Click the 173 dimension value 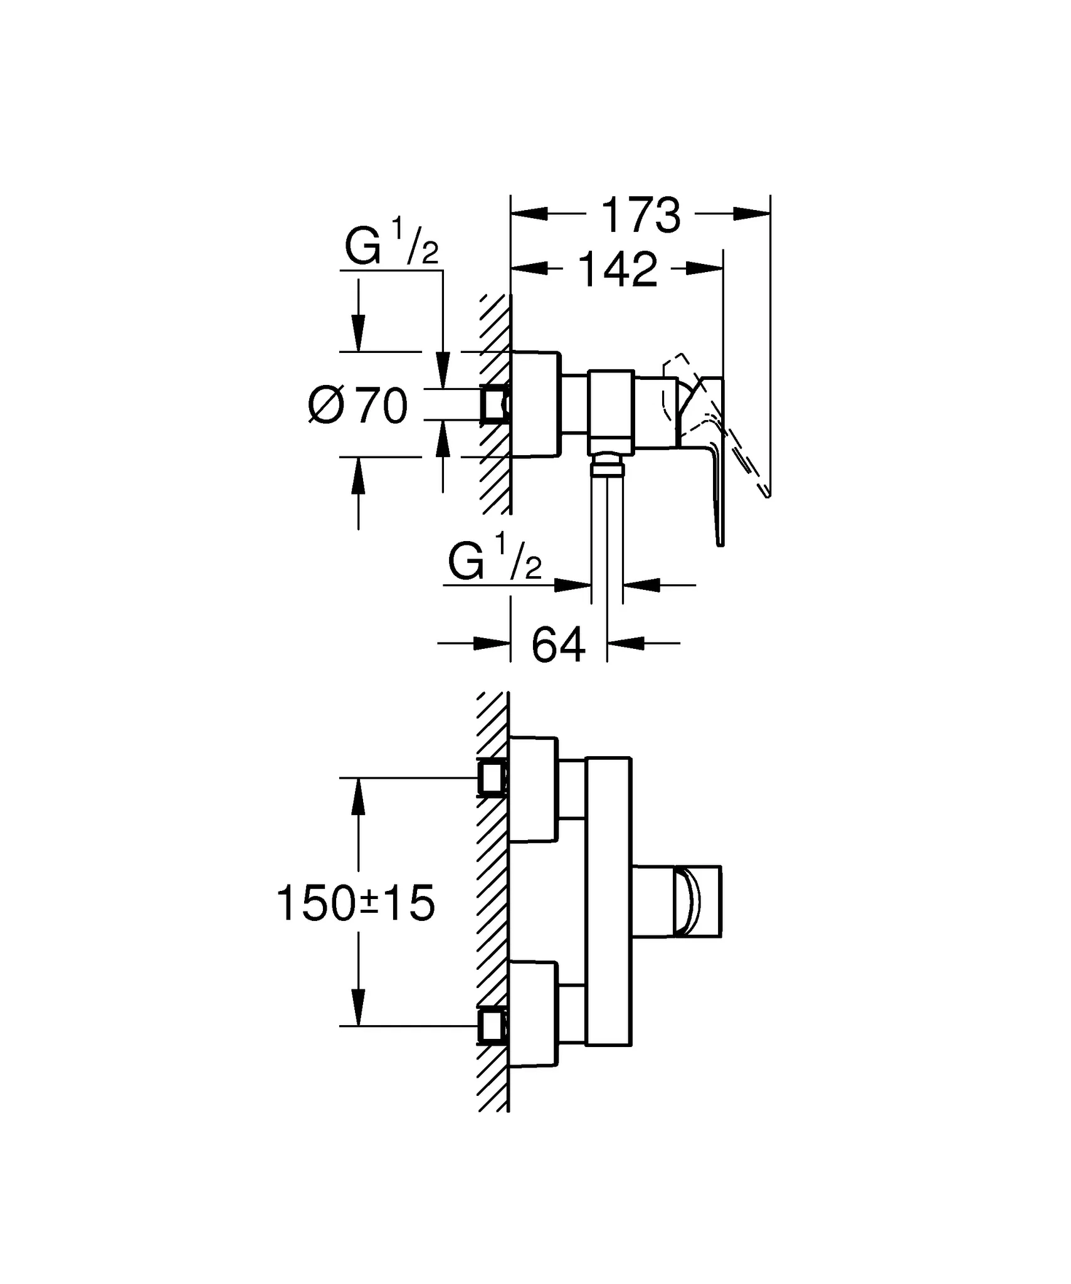pyautogui.click(x=640, y=216)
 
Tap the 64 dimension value pyautogui.click(x=558, y=645)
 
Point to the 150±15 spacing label pyautogui.click(x=356, y=903)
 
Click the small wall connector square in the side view pyautogui.click(x=493, y=405)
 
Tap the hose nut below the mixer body pyautogui.click(x=607, y=465)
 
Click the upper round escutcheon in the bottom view pyautogui.click(x=533, y=789)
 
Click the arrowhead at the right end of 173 pyautogui.click(x=752, y=214)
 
